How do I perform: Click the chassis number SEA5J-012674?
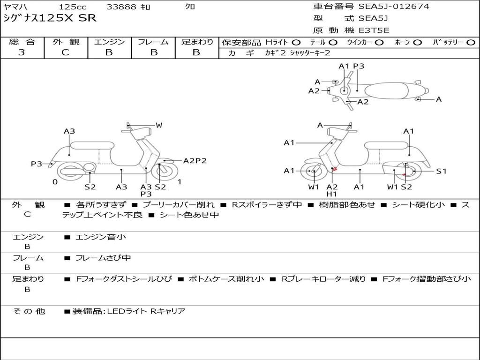coord(394,7)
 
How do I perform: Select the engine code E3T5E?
coord(374,30)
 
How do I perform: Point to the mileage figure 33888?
coord(121,7)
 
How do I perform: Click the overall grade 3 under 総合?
coord(22,52)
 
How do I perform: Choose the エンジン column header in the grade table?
coord(109,42)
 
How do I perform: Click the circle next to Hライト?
coord(297,42)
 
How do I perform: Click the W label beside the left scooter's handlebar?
coord(159,125)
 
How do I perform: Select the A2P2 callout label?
coord(195,161)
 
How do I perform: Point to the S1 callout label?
coord(442,171)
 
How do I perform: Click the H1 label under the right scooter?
coord(332,194)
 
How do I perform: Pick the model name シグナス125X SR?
coord(50,18)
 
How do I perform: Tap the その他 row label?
coord(29,311)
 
